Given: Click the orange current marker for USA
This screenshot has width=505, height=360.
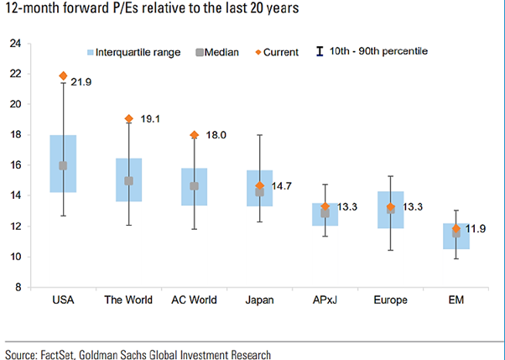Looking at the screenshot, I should (x=63, y=76).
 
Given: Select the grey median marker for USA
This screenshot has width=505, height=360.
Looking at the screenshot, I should (x=63, y=165).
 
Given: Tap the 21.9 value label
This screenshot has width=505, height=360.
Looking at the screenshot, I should (x=80, y=81).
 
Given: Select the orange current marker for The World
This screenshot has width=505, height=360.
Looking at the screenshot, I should (x=129, y=119).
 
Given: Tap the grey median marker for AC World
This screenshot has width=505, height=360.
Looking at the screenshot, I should (x=195, y=186).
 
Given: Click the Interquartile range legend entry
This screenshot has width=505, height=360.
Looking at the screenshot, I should (x=135, y=52).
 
